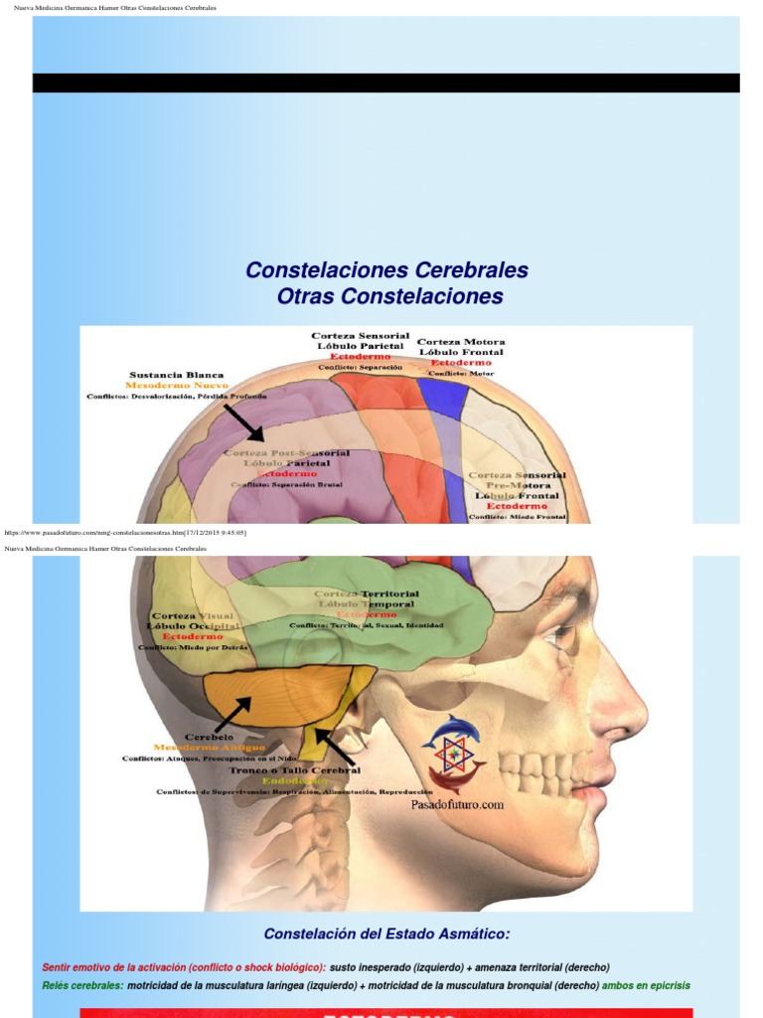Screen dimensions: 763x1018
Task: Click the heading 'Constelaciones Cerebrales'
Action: (386, 270)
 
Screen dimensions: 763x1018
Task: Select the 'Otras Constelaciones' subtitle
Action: (389, 296)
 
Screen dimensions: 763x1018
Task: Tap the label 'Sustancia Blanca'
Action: (177, 375)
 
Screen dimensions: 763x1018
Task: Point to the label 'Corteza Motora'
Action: (461, 342)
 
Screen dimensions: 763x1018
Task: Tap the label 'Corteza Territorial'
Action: (367, 594)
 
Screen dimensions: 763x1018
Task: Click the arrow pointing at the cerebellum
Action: (230, 712)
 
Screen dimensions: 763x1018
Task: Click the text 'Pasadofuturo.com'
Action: (458, 805)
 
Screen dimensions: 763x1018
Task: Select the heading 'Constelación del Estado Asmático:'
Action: (386, 933)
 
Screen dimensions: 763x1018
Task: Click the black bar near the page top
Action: (386, 83)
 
